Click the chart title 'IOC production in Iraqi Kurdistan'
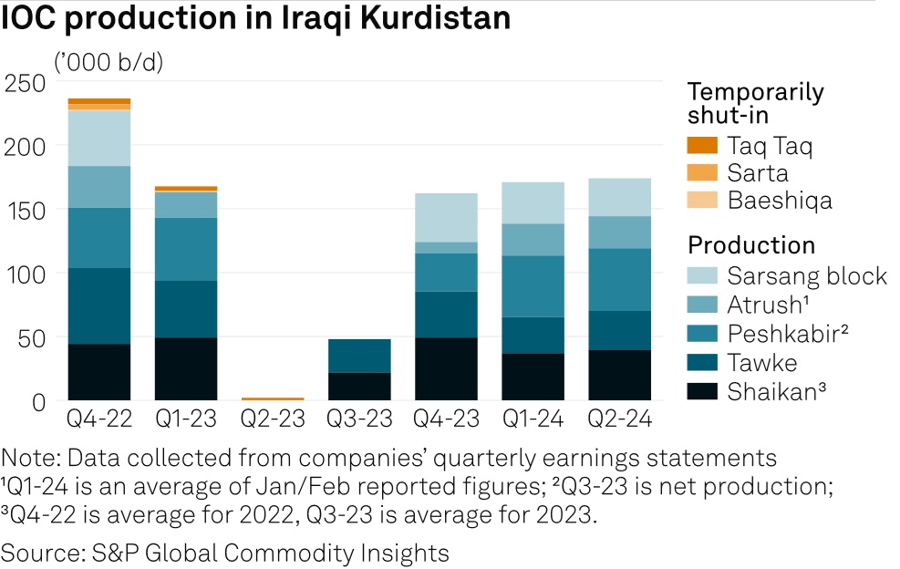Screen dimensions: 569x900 (x=255, y=20)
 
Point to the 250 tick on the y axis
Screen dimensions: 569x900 (x=25, y=82)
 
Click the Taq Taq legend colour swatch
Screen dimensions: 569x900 (x=703, y=145)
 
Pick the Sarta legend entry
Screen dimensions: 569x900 (x=758, y=173)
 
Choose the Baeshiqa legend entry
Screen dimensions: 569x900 (x=780, y=201)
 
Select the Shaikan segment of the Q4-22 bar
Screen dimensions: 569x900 (x=99, y=372)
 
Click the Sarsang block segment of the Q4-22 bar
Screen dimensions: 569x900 (x=99, y=139)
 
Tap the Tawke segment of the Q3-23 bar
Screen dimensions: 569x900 (x=359, y=356)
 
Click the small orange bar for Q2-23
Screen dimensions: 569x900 (x=273, y=398)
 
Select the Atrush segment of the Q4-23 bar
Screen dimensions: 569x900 (x=446, y=247)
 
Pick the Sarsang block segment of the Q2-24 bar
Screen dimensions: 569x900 (x=619, y=197)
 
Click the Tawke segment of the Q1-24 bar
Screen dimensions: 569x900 (x=533, y=335)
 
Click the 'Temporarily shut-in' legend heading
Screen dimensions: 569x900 (x=755, y=103)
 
